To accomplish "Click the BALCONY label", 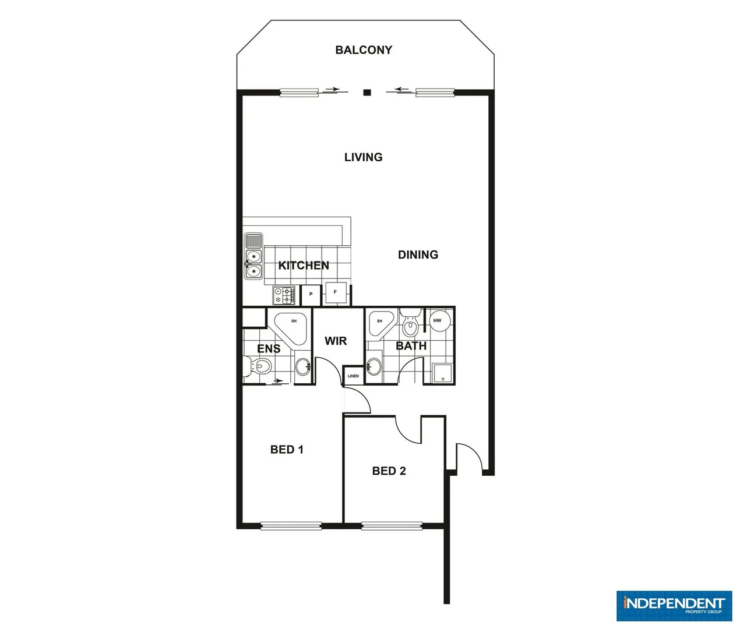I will pos(364,50).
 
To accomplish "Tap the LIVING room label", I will pos(363,157).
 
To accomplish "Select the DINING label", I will pos(418,255).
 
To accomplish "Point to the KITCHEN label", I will pos(304,266).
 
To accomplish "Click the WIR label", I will pos(336,341).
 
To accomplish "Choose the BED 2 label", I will pos(389,471).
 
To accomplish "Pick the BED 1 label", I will pos(287,449).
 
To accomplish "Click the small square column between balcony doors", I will pos(367,92).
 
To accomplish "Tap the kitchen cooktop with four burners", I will pos(284,295).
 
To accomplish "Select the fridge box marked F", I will pos(336,292).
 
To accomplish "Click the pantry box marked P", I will pos(311,295).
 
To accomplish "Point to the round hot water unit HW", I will pos(438,321).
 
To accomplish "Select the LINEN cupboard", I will pos(353,376).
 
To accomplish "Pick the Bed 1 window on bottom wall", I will pos(291,526).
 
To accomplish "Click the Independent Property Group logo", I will pos(674,606).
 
